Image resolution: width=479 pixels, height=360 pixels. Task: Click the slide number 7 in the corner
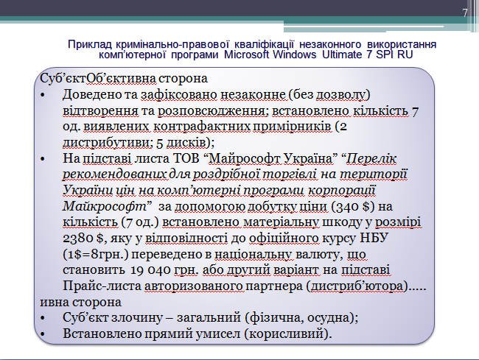[465, 13]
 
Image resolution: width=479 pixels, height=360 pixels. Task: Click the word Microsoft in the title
[247, 54]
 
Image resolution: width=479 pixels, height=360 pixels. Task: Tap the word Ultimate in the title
[342, 54]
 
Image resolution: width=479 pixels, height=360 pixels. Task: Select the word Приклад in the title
[90, 45]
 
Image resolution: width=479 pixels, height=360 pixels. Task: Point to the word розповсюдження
[211, 110]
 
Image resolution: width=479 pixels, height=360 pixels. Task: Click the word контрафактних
[202, 127]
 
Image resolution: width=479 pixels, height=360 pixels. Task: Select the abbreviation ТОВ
[186, 158]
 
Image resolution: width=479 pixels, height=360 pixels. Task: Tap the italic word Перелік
[371, 158]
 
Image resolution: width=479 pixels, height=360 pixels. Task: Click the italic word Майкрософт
[105, 206]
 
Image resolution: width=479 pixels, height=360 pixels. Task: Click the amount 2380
[78, 239]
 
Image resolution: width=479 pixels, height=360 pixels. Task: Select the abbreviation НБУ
[374, 238]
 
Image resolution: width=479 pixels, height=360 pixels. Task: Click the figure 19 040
[150, 270]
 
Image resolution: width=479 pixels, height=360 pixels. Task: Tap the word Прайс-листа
[102, 286]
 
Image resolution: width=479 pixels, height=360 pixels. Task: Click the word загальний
[209, 318]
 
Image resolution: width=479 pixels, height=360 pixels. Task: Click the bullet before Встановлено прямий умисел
[43, 334]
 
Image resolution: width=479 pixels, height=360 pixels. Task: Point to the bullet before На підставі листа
[43, 159]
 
